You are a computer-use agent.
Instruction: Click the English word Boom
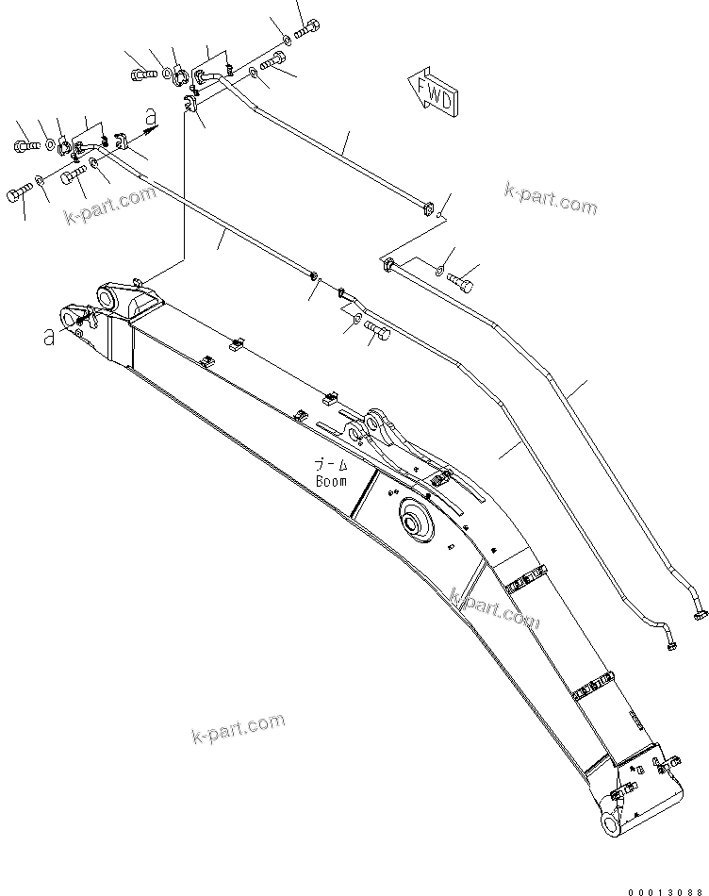[331, 481]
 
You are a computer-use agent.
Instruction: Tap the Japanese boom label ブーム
[331, 465]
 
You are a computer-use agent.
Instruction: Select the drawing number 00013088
[665, 884]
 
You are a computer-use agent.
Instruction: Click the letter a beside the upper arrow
[151, 116]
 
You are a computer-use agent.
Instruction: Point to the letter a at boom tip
[48, 337]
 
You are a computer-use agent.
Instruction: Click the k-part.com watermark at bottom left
[238, 725]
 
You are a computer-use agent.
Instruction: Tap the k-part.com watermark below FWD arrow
[550, 201]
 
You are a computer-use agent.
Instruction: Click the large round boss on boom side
[415, 521]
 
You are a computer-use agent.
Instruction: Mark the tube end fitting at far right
[700, 615]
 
